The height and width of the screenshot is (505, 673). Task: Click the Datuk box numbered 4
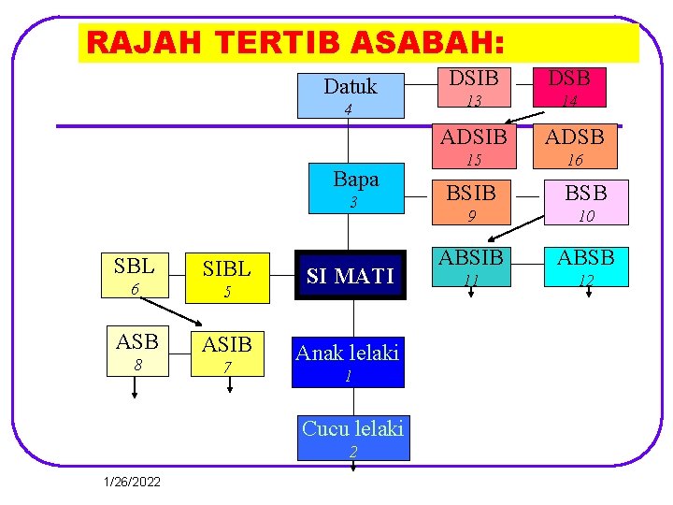coord(349,94)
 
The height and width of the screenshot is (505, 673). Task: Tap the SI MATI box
coord(351,275)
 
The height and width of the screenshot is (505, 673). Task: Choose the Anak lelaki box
coord(347,362)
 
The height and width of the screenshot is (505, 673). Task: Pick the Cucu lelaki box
coord(352,438)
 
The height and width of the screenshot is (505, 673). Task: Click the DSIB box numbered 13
coord(474,87)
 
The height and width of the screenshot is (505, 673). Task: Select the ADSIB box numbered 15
coord(474,145)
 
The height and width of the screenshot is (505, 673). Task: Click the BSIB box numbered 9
coord(472,203)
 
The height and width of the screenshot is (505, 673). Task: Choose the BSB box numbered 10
coord(586,203)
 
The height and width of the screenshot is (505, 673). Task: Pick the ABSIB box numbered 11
coord(471,267)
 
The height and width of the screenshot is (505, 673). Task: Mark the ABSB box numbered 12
coord(586,267)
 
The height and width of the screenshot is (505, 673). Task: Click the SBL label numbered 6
coord(135,275)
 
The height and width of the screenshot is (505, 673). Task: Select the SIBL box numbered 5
coord(226,278)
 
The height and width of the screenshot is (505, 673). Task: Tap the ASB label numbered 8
coord(136,352)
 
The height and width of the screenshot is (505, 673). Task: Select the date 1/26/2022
coord(133,482)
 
